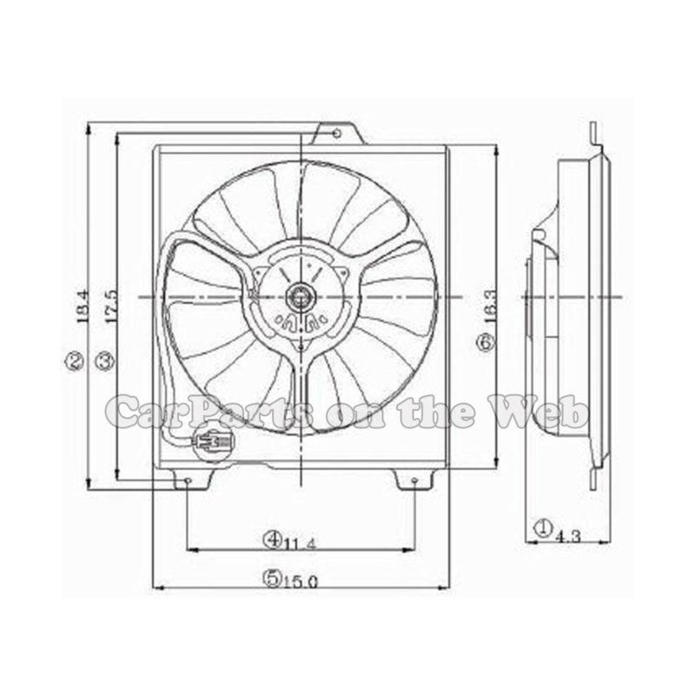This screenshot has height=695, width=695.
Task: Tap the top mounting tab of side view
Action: [592, 135]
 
